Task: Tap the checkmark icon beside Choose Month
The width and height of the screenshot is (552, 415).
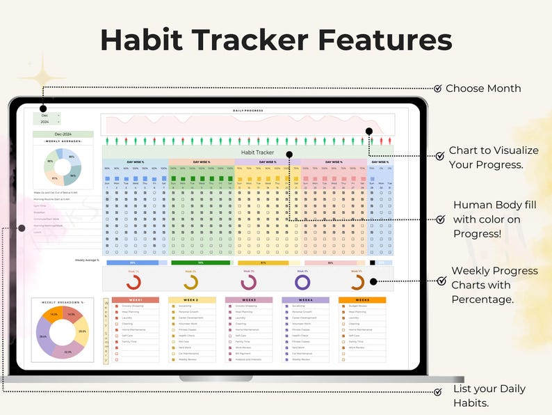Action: coord(437,88)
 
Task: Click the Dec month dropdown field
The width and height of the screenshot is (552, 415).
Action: coord(47,115)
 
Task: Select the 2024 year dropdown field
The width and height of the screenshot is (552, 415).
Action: coord(47,122)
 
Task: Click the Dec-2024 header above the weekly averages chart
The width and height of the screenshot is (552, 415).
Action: coord(63,134)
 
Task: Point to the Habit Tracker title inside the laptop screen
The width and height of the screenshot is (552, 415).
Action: coord(257,152)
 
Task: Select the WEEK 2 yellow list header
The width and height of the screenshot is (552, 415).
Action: coord(192,300)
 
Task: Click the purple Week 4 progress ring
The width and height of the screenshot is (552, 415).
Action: coord(302,282)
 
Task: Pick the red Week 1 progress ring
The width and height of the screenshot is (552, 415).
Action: coord(133,282)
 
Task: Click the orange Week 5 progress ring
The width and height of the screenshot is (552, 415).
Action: coord(357,282)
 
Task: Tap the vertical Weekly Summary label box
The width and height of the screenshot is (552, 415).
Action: coord(106,331)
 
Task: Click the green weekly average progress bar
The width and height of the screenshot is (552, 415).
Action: coord(200,263)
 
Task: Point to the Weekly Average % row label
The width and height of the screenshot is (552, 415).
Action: coord(87,260)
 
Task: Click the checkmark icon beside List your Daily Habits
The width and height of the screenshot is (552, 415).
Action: coord(437,392)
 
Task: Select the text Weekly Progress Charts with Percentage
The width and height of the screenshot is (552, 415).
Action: coord(494,285)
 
